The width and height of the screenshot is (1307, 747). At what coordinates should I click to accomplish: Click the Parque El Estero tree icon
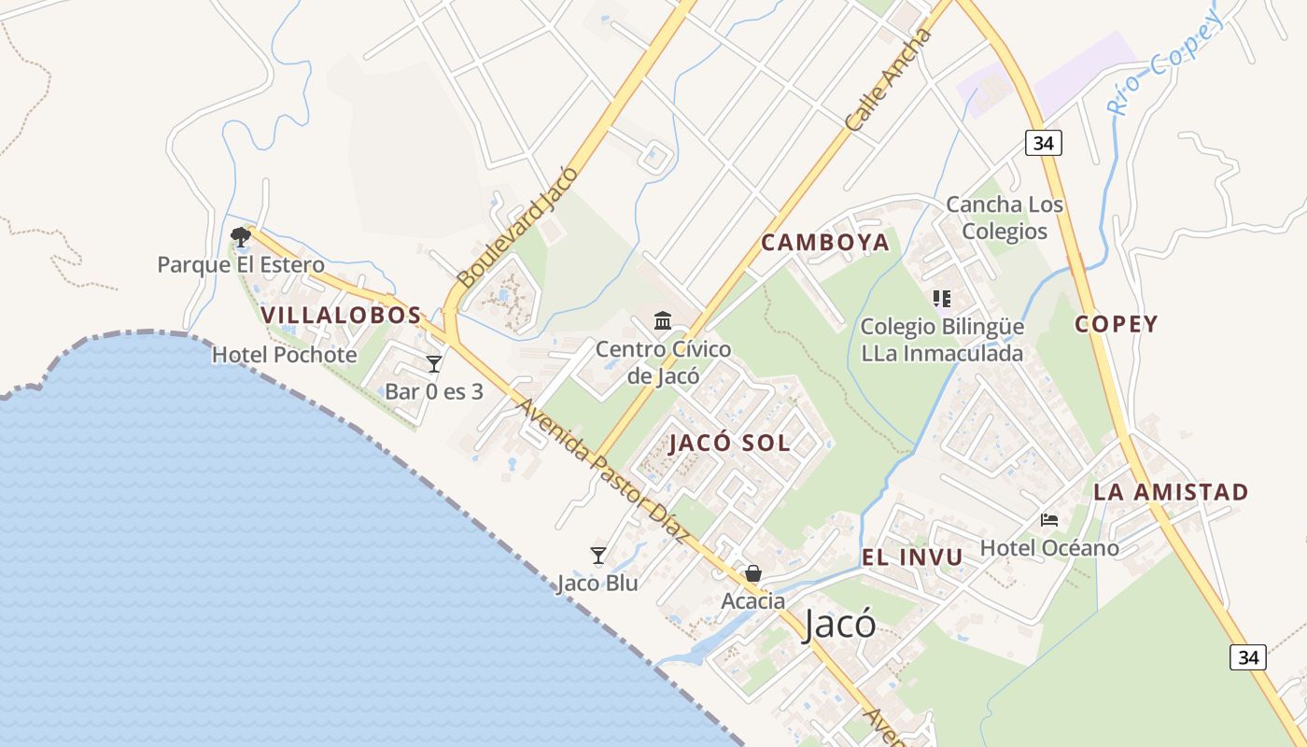241,236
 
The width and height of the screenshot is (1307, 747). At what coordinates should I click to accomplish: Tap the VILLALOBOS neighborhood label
342,316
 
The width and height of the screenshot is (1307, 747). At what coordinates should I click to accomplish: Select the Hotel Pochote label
285,355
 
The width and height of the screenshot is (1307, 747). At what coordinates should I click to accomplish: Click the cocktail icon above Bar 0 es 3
434,364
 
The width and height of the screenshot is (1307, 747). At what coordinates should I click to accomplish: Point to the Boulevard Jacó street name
518,227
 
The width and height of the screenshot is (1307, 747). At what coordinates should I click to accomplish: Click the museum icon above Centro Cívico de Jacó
663,321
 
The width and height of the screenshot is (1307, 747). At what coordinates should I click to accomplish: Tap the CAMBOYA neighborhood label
825,243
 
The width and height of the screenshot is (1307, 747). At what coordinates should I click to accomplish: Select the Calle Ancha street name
888,80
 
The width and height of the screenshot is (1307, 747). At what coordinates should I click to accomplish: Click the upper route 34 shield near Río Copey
1044,143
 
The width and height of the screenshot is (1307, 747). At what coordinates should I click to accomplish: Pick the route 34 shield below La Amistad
1248,656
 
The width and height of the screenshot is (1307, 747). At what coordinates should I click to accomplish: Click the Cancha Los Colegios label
1005,218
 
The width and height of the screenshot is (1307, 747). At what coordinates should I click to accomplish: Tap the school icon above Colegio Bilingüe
941,299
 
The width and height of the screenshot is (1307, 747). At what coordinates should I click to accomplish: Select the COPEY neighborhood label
1116,324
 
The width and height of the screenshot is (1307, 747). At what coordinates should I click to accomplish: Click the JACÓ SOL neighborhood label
730,444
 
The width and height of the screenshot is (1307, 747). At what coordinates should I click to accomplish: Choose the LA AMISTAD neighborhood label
1171,492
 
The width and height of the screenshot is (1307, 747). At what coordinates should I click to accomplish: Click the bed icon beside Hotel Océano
1049,520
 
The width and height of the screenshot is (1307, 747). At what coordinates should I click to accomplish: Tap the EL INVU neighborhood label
912,558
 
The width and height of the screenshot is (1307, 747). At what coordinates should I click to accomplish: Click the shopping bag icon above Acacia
752,573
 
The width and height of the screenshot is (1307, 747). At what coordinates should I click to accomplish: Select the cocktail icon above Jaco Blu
598,556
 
